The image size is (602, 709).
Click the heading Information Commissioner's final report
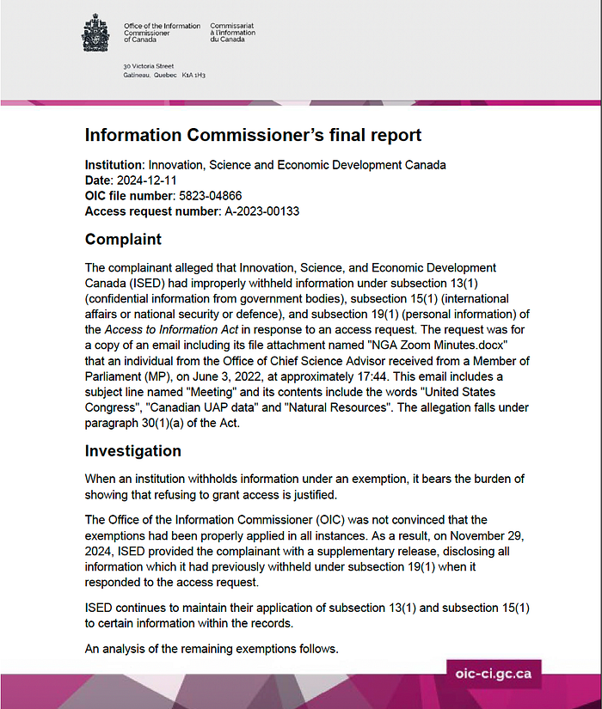pos(253,136)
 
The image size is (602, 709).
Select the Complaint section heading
pos(123,238)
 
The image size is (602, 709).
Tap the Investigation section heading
pos(133,450)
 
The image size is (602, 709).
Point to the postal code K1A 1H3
pos(194,76)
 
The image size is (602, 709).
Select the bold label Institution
pos(114,164)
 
